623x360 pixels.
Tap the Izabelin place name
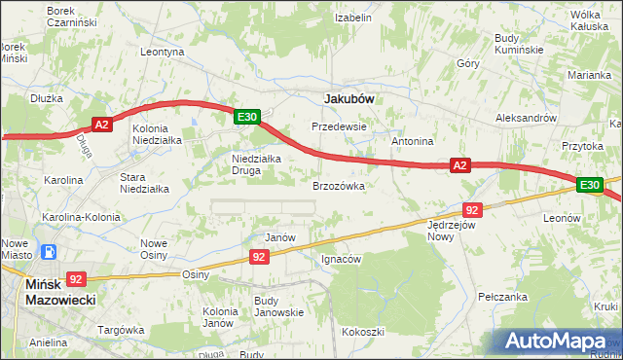pyautogui.click(x=353, y=18)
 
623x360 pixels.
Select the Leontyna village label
pyautogui.click(x=162, y=52)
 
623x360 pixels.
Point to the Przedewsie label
pyautogui.click(x=338, y=126)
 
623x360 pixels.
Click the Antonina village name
pyautogui.click(x=412, y=141)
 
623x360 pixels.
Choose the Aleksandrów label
pyautogui.click(x=526, y=116)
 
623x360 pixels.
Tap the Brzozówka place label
pyautogui.click(x=338, y=185)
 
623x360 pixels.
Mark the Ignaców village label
pyautogui.click(x=342, y=260)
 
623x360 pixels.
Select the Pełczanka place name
pyautogui.click(x=503, y=296)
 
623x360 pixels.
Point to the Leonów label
pyautogui.click(x=562, y=219)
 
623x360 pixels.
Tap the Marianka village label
pyautogui.click(x=590, y=74)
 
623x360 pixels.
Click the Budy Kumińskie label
pyautogui.click(x=517, y=43)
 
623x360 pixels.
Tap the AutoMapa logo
pyautogui.click(x=560, y=341)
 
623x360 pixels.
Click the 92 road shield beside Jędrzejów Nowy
pyautogui.click(x=472, y=210)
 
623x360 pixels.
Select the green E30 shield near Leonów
pyautogui.click(x=589, y=185)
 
